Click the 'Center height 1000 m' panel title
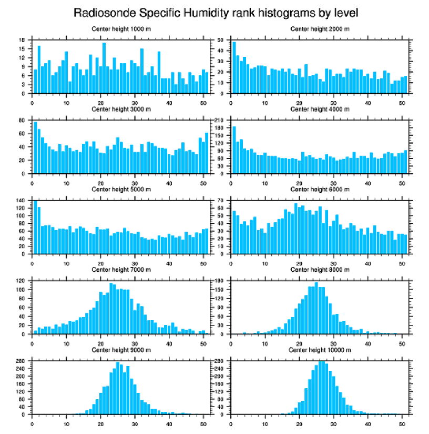pos(121,29)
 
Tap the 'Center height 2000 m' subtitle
pos(320,29)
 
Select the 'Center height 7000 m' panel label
pos(121,270)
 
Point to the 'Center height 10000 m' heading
pos(320,350)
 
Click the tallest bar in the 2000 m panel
pos(234,67)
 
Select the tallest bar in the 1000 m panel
pos(104,68)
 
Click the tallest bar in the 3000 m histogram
pos(35,147)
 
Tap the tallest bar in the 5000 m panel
pos(35,227)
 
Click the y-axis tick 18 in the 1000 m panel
pos(22,40)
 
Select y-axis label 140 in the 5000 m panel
pos(21,200)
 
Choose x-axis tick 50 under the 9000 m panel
pos(203,422)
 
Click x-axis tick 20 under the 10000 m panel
pos(299,422)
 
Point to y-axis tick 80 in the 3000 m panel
pos(22,120)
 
